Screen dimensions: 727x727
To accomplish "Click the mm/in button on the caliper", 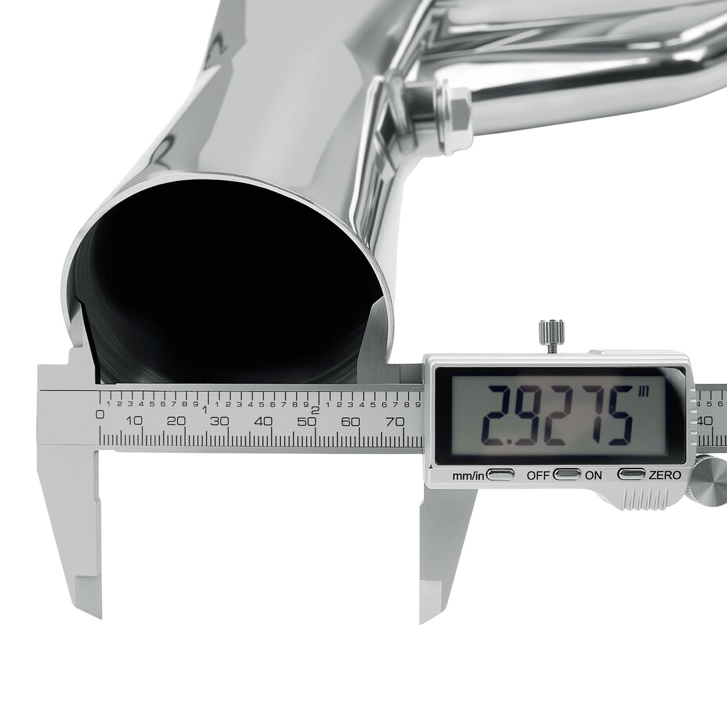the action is pos(500,475).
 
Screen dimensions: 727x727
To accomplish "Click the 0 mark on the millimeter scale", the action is pos(101,414).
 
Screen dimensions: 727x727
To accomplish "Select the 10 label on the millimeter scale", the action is pos(135,421).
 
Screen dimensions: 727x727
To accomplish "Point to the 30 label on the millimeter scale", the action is pos(219,422).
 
